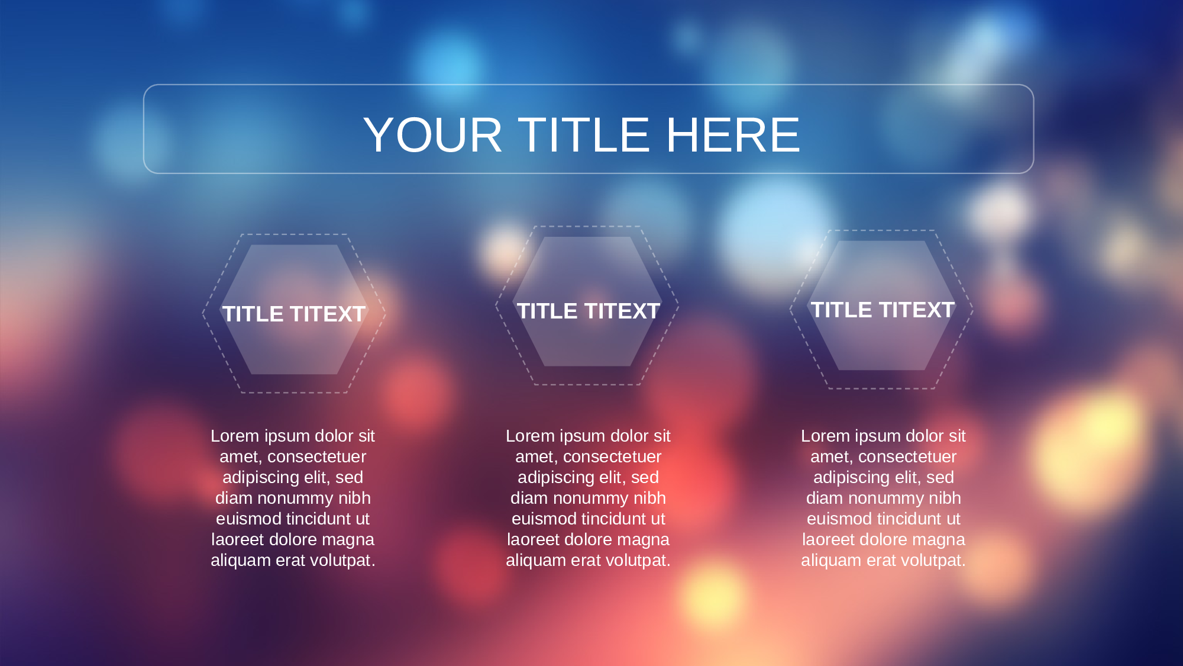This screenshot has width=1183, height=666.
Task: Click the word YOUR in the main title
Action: point(433,135)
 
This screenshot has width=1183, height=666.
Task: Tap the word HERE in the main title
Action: point(733,135)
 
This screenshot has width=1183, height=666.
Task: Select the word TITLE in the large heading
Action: point(584,135)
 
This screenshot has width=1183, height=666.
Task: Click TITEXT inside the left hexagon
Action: point(328,314)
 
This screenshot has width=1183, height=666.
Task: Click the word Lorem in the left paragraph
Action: point(235,436)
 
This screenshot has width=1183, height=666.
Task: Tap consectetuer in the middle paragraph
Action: point(612,456)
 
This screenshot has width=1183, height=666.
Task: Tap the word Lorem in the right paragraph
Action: point(825,436)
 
